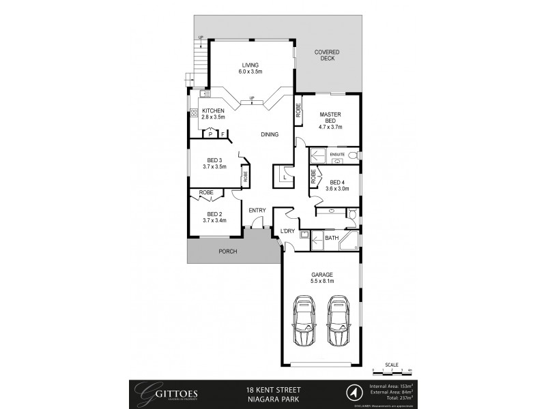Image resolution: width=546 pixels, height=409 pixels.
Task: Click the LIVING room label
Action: point(250,68)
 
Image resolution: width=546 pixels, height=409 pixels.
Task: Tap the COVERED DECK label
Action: point(326,55)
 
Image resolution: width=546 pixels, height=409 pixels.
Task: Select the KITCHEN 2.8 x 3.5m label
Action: point(214,115)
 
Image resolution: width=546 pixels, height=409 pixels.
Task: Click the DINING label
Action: point(270,134)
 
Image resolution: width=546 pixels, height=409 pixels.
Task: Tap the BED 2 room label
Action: point(214,217)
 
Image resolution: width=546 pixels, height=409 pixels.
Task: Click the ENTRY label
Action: point(257,210)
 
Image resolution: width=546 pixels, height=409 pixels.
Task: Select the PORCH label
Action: point(227,252)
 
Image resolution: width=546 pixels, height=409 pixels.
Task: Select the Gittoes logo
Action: point(161,393)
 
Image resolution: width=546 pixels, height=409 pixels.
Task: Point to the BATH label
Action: point(332,238)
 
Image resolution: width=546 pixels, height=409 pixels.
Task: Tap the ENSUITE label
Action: point(337,155)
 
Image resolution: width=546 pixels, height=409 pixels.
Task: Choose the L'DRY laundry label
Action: point(287,232)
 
